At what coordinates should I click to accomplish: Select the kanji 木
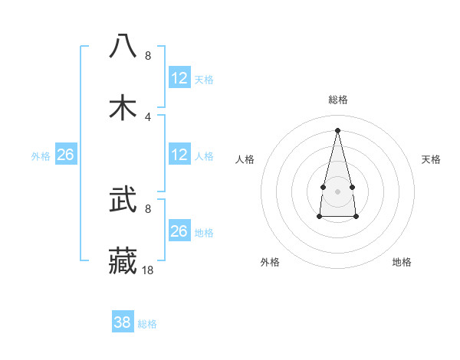[123, 107]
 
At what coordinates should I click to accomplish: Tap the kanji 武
[123, 201]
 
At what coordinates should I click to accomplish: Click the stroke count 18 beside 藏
[148, 270]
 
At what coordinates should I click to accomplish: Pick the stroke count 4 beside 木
[148, 116]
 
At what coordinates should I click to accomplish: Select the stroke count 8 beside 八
[148, 55]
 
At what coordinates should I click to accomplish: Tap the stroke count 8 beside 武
[148, 208]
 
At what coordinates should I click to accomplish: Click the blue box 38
[123, 322]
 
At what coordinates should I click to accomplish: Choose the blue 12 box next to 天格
[179, 78]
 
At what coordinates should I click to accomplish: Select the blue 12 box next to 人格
[179, 155]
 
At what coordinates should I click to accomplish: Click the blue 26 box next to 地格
[179, 231]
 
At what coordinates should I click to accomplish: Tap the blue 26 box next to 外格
[65, 155]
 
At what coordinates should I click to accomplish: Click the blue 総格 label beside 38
[147, 324]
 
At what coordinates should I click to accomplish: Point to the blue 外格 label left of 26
[41, 156]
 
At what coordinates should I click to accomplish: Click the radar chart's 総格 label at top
[337, 100]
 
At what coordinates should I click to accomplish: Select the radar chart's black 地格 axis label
[402, 262]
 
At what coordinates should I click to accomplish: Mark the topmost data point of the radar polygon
[337, 130]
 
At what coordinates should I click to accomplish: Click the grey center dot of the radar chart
[337, 190]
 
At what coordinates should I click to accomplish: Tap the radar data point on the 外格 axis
[319, 217]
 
